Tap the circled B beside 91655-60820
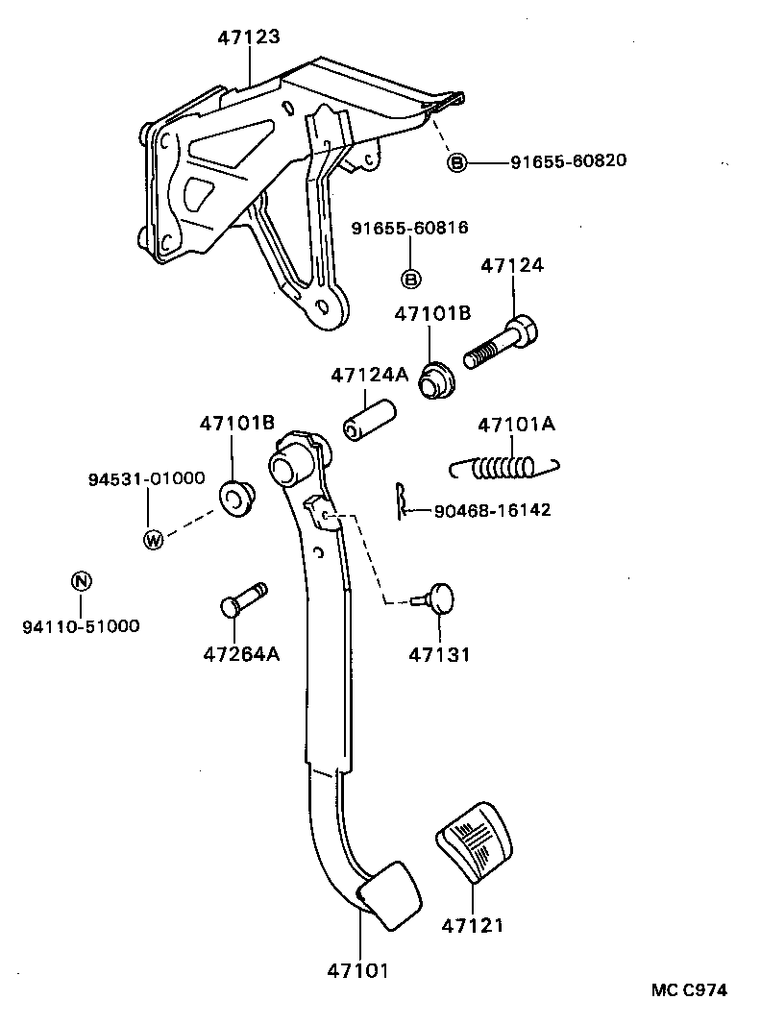457,162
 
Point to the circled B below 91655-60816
410,280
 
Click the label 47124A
368,376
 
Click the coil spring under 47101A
503,468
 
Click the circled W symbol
153,539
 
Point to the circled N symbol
81,580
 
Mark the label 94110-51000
81,626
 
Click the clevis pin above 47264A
242,599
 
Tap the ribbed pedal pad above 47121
474,841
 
